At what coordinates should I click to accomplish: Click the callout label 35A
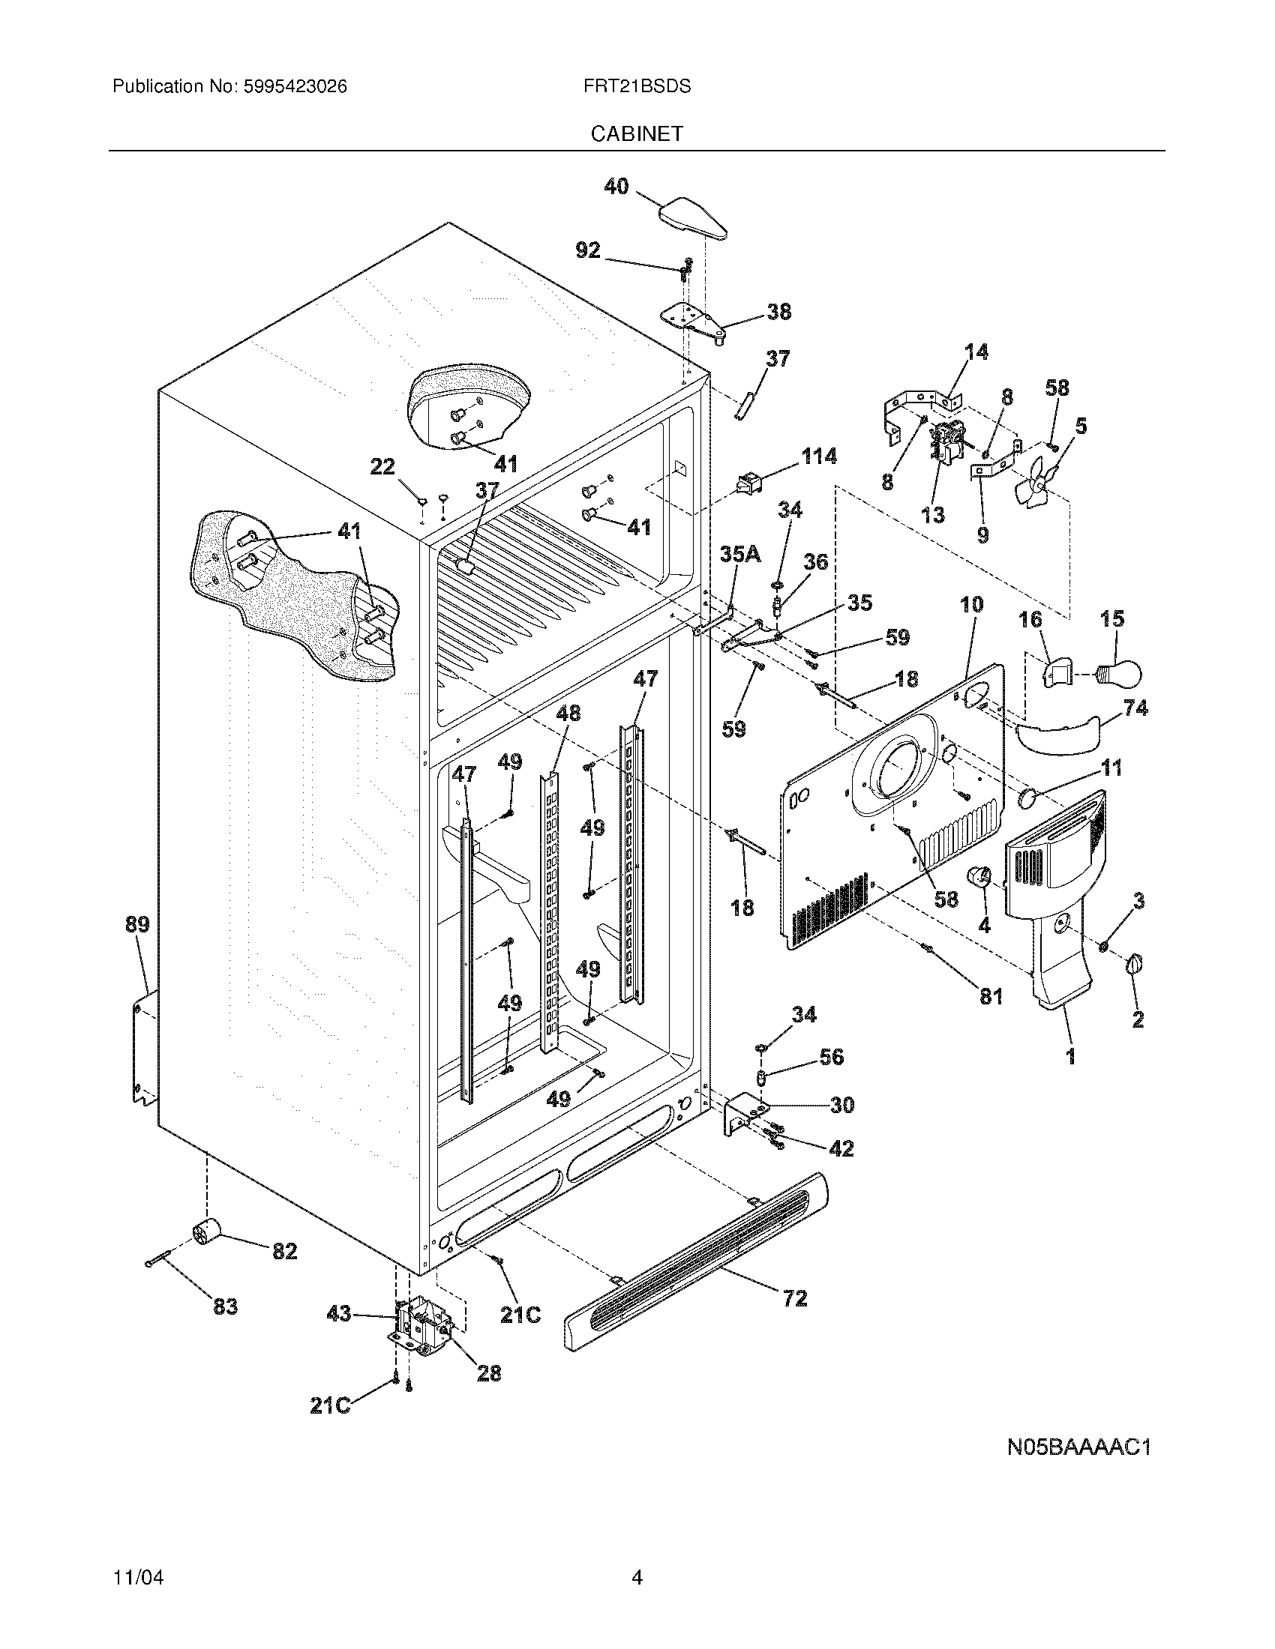pos(739,554)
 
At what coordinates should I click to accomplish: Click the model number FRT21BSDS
pos(637,87)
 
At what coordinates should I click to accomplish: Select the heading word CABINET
pos(637,133)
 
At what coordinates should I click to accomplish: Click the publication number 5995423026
pos(295,87)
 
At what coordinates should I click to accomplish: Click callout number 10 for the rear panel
pos(971,604)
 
